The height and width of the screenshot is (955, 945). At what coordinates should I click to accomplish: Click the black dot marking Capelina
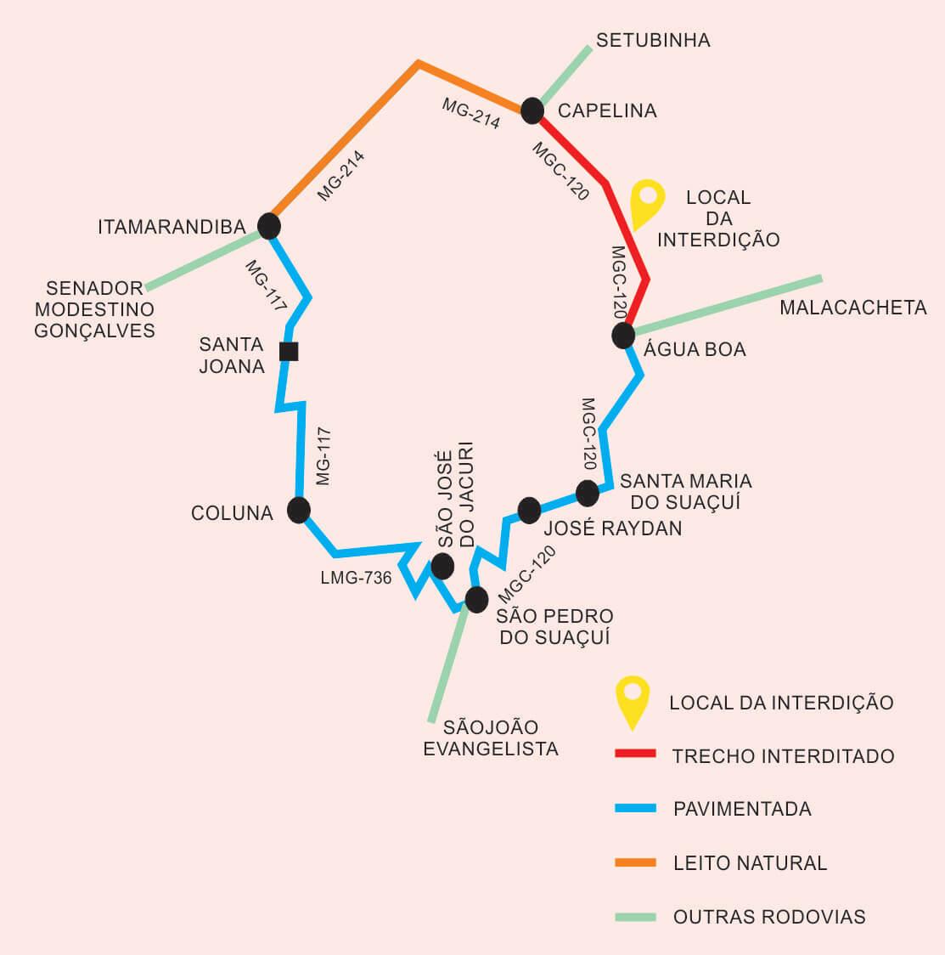coord(532,110)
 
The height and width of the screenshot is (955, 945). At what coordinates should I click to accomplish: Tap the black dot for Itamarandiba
coord(269,226)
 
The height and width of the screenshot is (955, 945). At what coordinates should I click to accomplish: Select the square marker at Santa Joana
coord(289,352)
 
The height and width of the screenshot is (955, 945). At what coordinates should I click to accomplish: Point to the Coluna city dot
coord(299,511)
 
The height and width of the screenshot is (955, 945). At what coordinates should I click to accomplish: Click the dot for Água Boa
coord(623,336)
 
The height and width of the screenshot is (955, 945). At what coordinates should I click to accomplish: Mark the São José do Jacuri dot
coord(442,567)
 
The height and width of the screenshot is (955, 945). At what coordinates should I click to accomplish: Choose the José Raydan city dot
coord(530,511)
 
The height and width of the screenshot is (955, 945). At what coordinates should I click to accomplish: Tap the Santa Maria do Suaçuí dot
coord(588,494)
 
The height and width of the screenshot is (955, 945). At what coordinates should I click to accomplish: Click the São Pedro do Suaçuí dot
coord(476,599)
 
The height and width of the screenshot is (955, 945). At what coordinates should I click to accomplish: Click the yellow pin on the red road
coord(647,201)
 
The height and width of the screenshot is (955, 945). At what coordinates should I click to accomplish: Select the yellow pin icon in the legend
coord(633,700)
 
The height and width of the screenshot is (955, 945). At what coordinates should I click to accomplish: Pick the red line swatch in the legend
coord(635,754)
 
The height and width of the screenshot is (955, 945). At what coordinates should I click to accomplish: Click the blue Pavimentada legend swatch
coord(635,808)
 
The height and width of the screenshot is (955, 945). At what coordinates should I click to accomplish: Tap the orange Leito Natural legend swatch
coord(635,862)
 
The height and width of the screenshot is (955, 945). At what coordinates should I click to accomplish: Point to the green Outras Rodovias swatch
coord(635,917)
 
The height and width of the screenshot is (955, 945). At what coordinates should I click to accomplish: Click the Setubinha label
coord(653,40)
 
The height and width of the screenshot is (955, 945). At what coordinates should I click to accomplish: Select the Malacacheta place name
coord(853,308)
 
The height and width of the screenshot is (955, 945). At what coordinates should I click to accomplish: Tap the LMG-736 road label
coord(356,578)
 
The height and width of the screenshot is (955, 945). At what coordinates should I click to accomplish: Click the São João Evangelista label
coord(491,737)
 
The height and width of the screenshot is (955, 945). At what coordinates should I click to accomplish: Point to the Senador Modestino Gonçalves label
coord(94,309)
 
